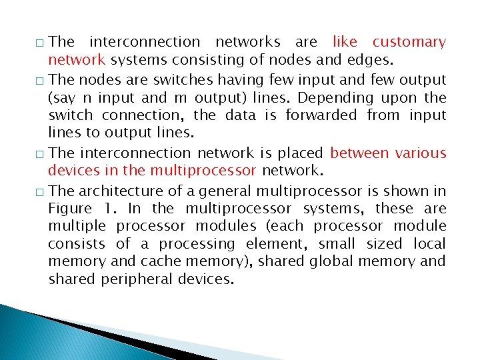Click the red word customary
tap(409, 43)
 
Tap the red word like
tap(345, 42)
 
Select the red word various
tap(421, 153)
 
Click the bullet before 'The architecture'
tap(41, 192)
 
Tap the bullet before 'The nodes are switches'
tap(41, 81)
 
